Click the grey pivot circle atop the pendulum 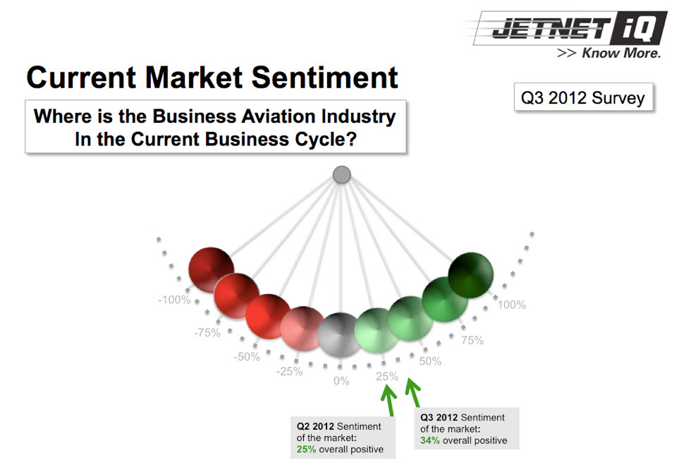coord(342,175)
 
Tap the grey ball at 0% coord(341,335)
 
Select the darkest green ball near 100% coord(471,274)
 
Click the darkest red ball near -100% coord(212,270)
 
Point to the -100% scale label coord(175,299)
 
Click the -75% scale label coord(207,332)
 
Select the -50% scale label coord(247,357)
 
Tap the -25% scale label coord(290,371)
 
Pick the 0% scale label coord(341,381)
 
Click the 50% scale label coord(430,361)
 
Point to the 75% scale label coord(472,340)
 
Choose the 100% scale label coord(512,305)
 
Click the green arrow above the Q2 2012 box coord(389,399)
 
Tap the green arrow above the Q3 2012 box coord(413,393)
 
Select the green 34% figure coord(430,440)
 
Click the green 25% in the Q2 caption coord(306,449)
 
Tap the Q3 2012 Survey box coord(583,97)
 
